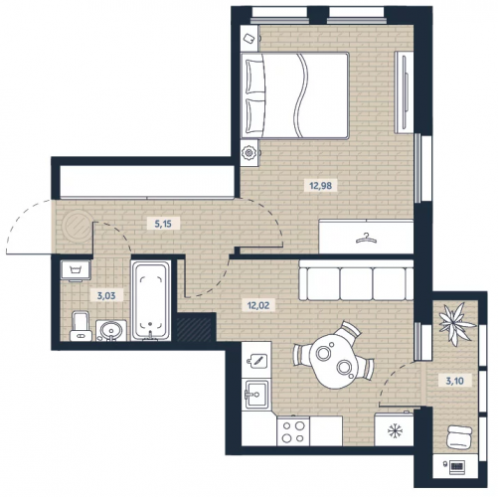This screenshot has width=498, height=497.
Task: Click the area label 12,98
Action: pyautogui.click(x=320, y=185)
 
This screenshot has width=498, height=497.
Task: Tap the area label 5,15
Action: pyautogui.click(x=163, y=224)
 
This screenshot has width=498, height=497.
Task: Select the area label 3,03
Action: pyautogui.click(x=106, y=295)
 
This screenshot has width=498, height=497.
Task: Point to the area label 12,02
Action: pyautogui.click(x=258, y=305)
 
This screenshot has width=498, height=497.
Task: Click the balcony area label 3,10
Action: pyautogui.click(x=454, y=381)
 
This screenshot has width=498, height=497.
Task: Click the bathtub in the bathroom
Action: pyautogui.click(x=151, y=300)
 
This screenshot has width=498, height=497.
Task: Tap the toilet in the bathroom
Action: pyautogui.click(x=81, y=326)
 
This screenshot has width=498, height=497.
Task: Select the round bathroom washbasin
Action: pyautogui.click(x=111, y=331)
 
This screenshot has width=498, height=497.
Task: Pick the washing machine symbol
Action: pyautogui.click(x=76, y=270)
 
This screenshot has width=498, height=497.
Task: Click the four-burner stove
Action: pyautogui.click(x=293, y=431)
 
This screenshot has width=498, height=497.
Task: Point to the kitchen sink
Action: pyautogui.click(x=256, y=394)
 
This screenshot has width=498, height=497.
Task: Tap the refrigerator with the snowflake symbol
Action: pyautogui.click(x=395, y=429)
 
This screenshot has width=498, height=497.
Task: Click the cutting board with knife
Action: pyautogui.click(x=256, y=360)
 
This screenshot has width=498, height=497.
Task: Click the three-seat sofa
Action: pyautogui.click(x=356, y=280)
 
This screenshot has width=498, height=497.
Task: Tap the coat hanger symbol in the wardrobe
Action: pyautogui.click(x=366, y=238)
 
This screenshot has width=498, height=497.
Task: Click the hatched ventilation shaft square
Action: pyautogui.click(x=194, y=329)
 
